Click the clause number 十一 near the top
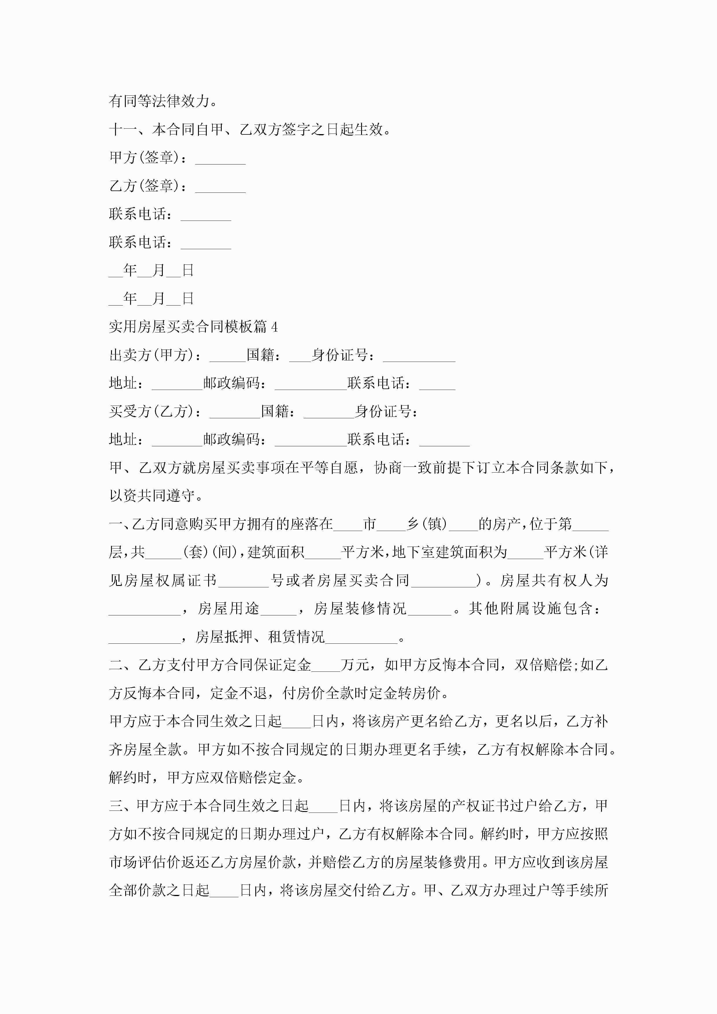(123, 129)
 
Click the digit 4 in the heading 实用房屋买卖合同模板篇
(274, 327)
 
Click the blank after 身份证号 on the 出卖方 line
(419, 357)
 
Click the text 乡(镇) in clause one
(427, 524)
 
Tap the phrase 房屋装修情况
(360, 609)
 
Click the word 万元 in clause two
(355, 665)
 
